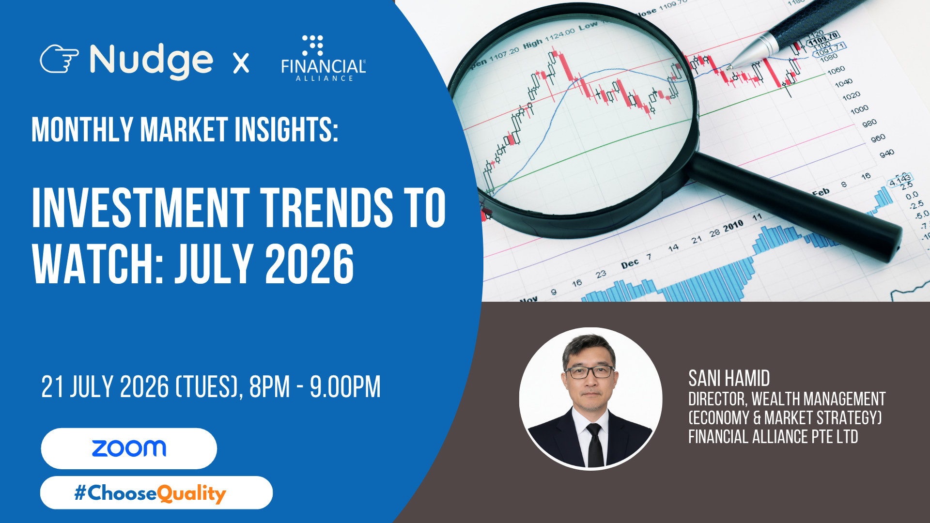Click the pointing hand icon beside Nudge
(59, 59)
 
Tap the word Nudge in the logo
(151, 61)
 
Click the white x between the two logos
(241, 63)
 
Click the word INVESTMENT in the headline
(141, 208)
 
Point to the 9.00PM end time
(345, 387)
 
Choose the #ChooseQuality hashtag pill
(156, 492)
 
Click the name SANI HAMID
(729, 378)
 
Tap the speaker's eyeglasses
(589, 372)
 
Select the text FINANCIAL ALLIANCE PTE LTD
(773, 437)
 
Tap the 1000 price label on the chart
(859, 110)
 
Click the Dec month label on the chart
(630, 264)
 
